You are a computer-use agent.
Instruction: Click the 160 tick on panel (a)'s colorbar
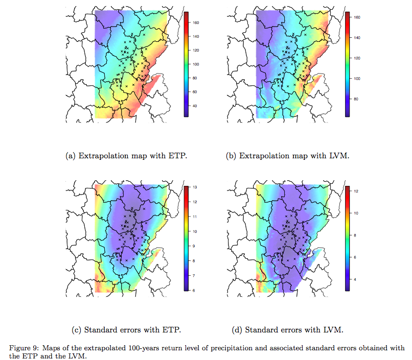tap(196, 23)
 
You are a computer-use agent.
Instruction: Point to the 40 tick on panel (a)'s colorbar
tap(195, 106)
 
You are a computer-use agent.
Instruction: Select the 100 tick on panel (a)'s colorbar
tap(196, 64)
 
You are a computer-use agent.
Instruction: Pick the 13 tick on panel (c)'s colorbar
tap(195, 188)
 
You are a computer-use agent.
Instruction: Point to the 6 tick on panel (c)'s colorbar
tap(194, 290)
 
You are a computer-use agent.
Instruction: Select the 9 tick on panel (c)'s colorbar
tap(194, 246)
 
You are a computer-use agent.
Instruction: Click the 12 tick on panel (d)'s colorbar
tap(355, 191)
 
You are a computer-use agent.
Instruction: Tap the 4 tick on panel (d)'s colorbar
tap(354, 280)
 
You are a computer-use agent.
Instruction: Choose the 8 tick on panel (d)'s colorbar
tap(354, 235)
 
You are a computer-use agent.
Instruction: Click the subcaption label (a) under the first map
tap(72, 156)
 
